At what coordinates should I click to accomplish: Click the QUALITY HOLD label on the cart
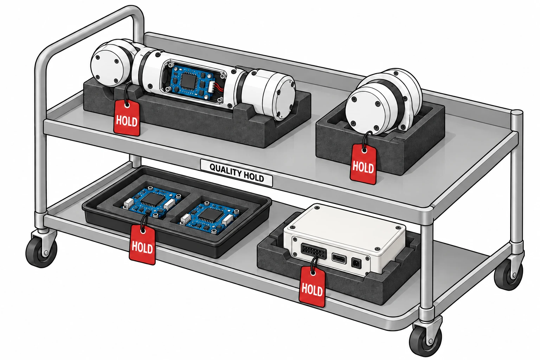pos(237,173)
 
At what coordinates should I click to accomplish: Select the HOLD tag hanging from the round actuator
pos(363,164)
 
